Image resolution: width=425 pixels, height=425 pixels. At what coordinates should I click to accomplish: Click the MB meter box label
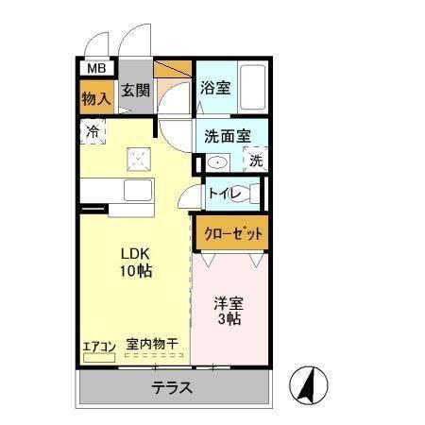click(95, 69)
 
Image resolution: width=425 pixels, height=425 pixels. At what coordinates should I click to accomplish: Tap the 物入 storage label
click(94, 96)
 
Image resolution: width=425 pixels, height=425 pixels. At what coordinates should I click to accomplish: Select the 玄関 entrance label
click(136, 92)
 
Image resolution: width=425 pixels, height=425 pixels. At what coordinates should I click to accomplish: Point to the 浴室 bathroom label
click(215, 88)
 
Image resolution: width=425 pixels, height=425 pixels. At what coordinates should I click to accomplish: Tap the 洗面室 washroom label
click(228, 135)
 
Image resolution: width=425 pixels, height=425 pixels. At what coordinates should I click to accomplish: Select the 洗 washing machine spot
click(256, 161)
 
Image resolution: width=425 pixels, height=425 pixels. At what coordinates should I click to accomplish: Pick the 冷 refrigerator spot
click(93, 131)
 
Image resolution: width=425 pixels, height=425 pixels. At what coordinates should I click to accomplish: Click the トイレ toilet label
click(224, 195)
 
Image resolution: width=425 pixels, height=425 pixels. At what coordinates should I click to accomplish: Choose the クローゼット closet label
click(230, 231)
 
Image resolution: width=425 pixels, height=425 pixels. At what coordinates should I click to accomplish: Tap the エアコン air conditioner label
click(98, 346)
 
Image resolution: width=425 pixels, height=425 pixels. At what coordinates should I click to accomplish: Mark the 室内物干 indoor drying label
click(151, 345)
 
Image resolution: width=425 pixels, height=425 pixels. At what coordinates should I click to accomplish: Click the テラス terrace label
click(173, 387)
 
